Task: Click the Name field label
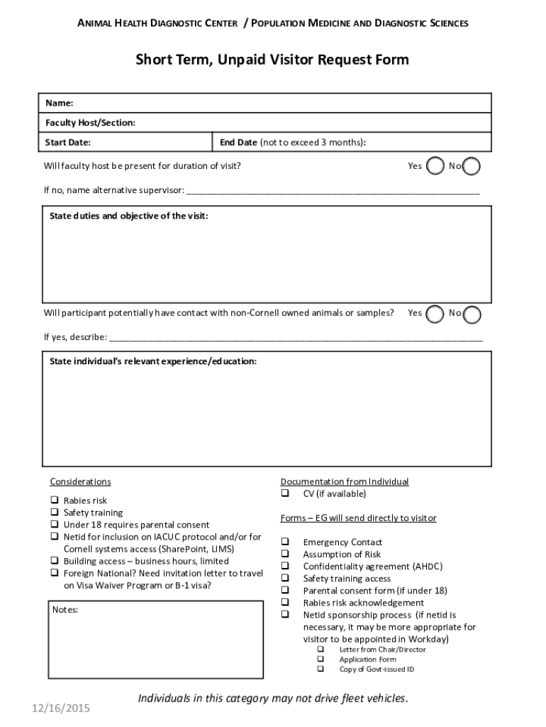pyautogui.click(x=59, y=103)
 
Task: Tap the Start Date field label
pyautogui.click(x=67, y=142)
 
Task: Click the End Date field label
pyautogui.click(x=238, y=142)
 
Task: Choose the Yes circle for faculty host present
pyautogui.click(x=437, y=166)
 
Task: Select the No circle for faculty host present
pyautogui.click(x=472, y=166)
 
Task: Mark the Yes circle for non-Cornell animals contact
pyautogui.click(x=437, y=313)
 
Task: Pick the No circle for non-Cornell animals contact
pyautogui.click(x=472, y=314)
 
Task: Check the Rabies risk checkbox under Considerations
pyautogui.click(x=54, y=501)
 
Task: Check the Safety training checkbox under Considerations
pyautogui.click(x=54, y=513)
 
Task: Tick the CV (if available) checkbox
pyautogui.click(x=285, y=493)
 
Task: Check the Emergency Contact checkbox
pyautogui.click(x=285, y=542)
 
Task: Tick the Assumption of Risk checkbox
pyautogui.click(x=285, y=554)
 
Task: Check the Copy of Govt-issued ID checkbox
pyautogui.click(x=321, y=669)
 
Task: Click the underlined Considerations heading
pyautogui.click(x=80, y=481)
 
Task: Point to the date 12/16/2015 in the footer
pyautogui.click(x=60, y=708)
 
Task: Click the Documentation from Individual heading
pyautogui.click(x=344, y=481)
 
